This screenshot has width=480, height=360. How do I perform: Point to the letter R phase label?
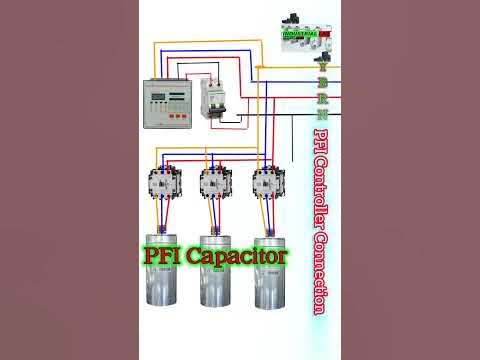[321, 98]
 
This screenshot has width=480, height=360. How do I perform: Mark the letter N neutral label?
[321, 115]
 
